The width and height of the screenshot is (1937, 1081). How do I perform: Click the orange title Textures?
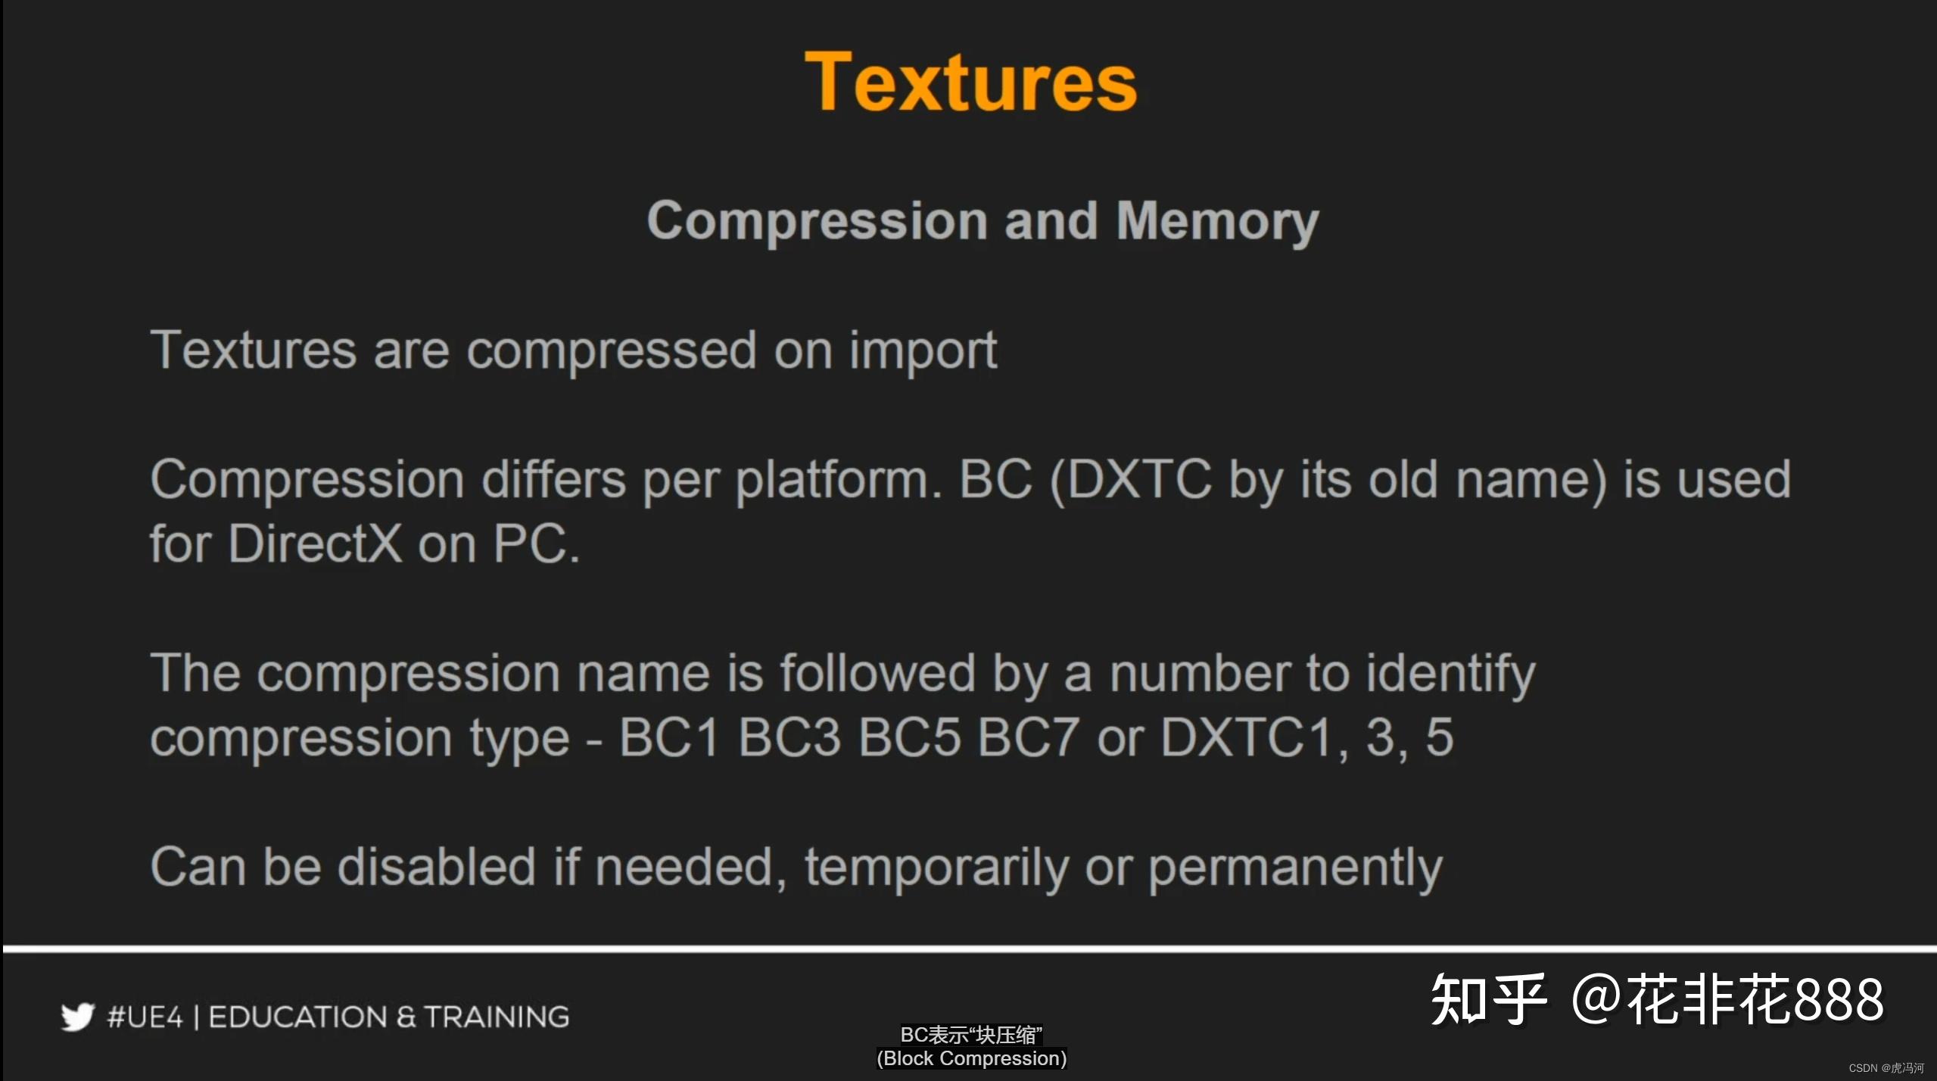coord(970,82)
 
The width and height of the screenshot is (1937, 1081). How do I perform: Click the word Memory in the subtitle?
coord(1217,221)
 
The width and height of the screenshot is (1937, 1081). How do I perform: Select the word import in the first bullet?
coord(923,351)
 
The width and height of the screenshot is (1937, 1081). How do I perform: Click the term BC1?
coord(668,737)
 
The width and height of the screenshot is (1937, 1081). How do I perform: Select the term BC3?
coord(789,737)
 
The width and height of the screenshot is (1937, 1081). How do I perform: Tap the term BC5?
coord(908,737)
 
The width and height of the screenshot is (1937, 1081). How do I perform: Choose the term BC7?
coord(1027,737)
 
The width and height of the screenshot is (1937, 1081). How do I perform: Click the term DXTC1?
coord(1246,737)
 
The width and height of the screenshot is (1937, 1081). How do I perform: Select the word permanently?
coord(1295,868)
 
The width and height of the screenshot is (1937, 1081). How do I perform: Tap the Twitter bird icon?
coord(77,1017)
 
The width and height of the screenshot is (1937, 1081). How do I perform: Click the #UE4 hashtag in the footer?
coord(145,1017)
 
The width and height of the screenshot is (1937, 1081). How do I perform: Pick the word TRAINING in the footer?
coord(496,1017)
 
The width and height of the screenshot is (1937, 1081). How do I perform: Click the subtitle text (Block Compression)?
coord(971,1058)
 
